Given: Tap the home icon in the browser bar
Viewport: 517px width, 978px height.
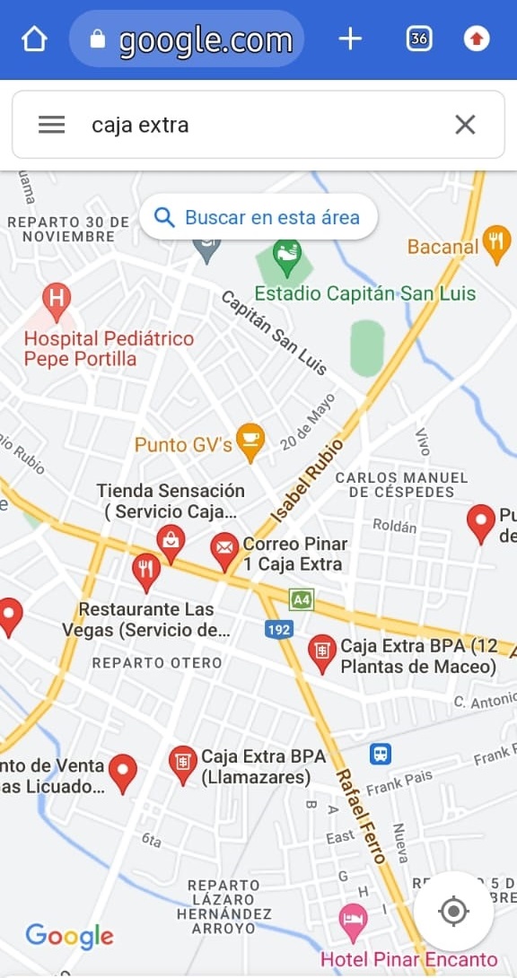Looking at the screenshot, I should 34,39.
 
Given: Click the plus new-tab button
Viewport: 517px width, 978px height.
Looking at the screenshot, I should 350,39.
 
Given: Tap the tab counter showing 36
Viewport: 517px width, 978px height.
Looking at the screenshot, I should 418,39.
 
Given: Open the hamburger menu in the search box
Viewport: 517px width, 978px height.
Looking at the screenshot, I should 51,125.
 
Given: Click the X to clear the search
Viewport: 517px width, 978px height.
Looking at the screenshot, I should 465,125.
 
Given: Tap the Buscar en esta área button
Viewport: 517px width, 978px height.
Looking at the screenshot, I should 258,217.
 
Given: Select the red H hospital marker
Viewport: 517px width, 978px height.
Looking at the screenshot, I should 57,300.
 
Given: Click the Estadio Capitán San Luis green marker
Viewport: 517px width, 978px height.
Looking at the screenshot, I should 286,253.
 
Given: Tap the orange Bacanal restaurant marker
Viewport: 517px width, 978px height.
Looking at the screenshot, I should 495,242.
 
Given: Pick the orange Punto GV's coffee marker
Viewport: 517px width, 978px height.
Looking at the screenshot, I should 250,441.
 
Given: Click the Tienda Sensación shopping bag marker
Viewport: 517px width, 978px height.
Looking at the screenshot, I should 171,541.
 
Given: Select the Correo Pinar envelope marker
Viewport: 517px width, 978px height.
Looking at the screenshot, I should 224,549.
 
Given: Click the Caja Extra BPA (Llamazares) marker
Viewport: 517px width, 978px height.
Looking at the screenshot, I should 183,764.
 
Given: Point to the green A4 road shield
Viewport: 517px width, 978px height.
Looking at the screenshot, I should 301,598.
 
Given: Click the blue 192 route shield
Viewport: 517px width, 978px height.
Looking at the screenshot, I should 279,630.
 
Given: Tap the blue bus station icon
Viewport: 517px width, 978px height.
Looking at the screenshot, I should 381,754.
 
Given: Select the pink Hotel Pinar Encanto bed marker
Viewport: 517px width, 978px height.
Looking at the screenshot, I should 353,920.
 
